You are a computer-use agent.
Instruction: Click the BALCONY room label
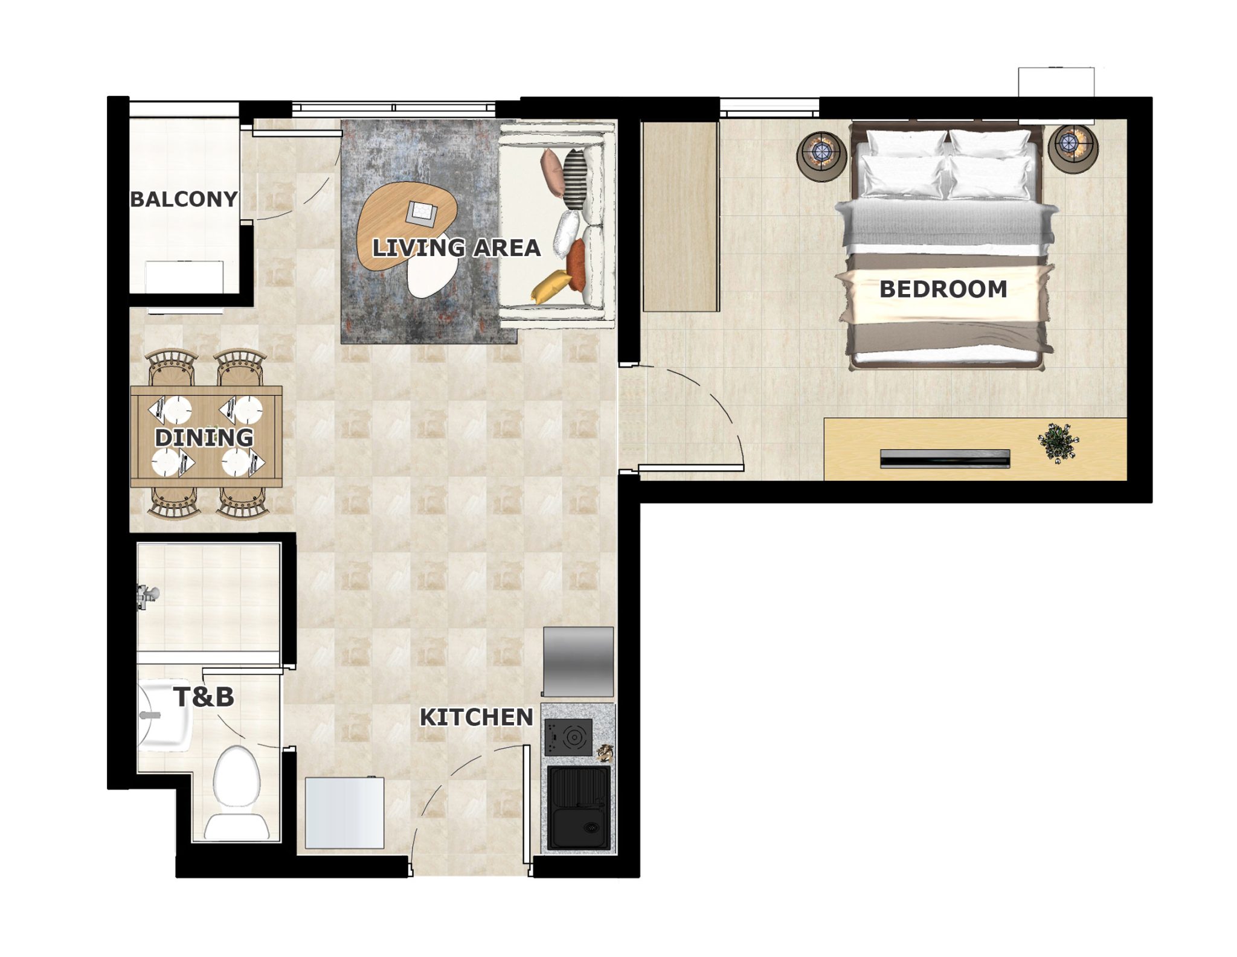click(184, 199)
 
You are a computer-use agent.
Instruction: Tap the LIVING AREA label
click(456, 248)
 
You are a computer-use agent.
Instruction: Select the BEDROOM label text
click(943, 289)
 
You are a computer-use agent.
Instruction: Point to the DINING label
click(204, 438)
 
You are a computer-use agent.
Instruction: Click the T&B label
click(204, 697)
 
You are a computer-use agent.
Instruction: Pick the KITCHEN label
click(477, 717)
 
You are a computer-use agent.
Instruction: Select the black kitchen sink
click(579, 808)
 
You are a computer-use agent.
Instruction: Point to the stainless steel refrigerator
click(578, 662)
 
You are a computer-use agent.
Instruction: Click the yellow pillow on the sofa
click(551, 285)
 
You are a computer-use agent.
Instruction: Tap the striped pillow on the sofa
click(574, 172)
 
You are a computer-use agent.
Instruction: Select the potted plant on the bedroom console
click(1057, 444)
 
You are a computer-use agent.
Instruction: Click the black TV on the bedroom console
click(945, 459)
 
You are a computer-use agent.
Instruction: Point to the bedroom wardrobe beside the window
click(681, 217)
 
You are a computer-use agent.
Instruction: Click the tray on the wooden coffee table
click(422, 213)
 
